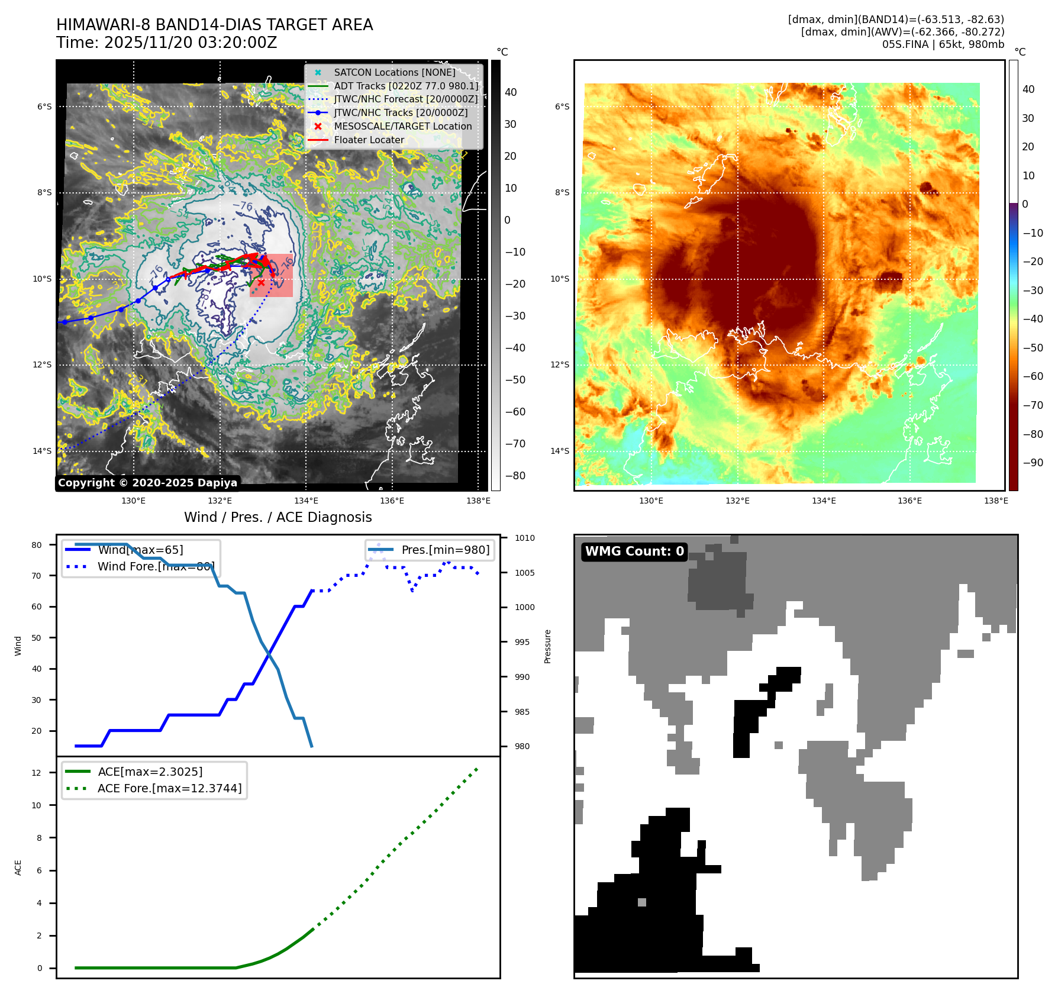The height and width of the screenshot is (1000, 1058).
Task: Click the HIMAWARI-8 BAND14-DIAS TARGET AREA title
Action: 214,25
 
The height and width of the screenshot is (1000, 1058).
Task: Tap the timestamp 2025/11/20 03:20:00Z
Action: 166,43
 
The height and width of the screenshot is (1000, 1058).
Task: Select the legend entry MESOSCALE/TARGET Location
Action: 402,126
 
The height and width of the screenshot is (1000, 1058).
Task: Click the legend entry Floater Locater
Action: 369,140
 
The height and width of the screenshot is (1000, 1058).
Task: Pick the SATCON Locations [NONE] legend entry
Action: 394,72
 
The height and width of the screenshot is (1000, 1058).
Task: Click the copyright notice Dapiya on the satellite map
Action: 147,483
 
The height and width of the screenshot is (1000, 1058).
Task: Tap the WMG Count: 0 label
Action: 634,551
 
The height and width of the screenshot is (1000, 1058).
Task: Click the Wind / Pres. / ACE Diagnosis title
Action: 278,517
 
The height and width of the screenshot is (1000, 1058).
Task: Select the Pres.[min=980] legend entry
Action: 445,550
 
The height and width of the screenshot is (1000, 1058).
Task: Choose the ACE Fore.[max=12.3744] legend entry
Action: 169,788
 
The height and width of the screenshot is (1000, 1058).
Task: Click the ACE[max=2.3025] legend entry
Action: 150,772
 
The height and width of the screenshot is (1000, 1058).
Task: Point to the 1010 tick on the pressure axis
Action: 524,538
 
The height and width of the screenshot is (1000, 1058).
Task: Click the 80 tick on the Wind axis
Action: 37,545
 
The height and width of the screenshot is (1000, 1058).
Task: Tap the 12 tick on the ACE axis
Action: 37,773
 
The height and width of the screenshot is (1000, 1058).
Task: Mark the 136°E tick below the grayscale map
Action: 392,501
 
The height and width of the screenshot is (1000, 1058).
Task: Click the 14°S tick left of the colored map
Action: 560,451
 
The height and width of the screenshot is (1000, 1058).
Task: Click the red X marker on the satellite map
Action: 261,283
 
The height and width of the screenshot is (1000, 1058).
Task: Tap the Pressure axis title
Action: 547,646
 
